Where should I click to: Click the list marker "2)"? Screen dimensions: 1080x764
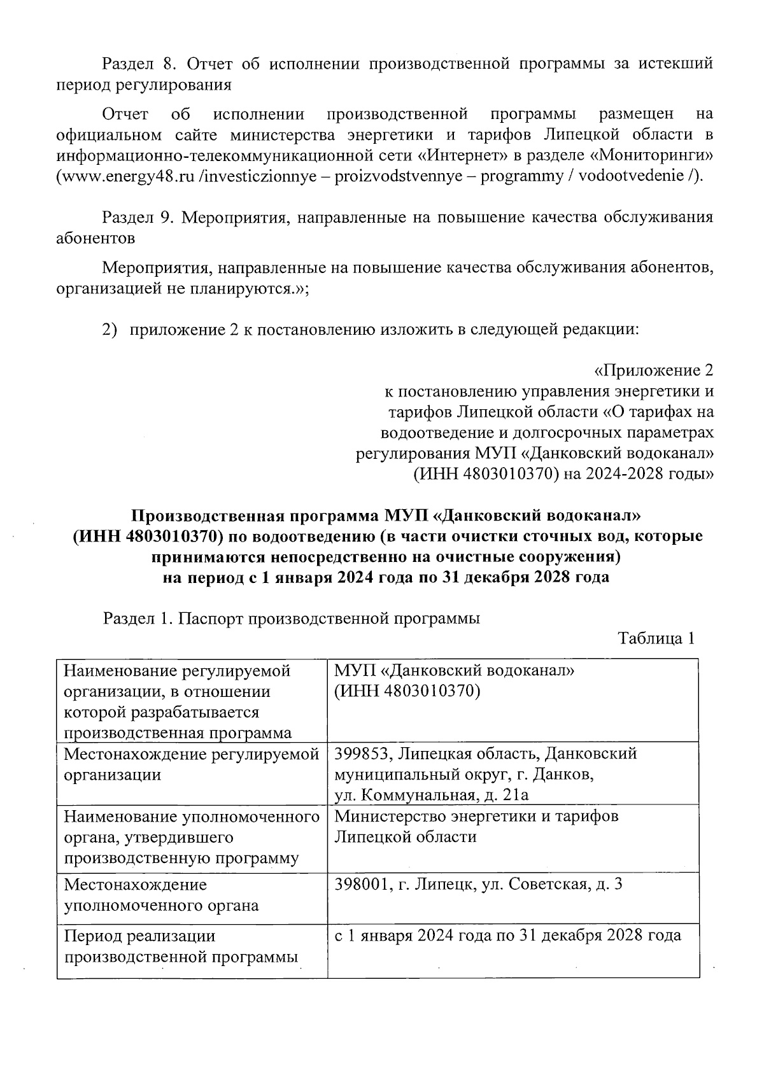coord(111,330)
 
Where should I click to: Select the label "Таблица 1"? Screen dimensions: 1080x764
coord(655,638)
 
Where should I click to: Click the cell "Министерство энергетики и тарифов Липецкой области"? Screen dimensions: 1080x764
coord(476,826)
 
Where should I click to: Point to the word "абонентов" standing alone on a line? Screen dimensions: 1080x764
coord(95,239)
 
